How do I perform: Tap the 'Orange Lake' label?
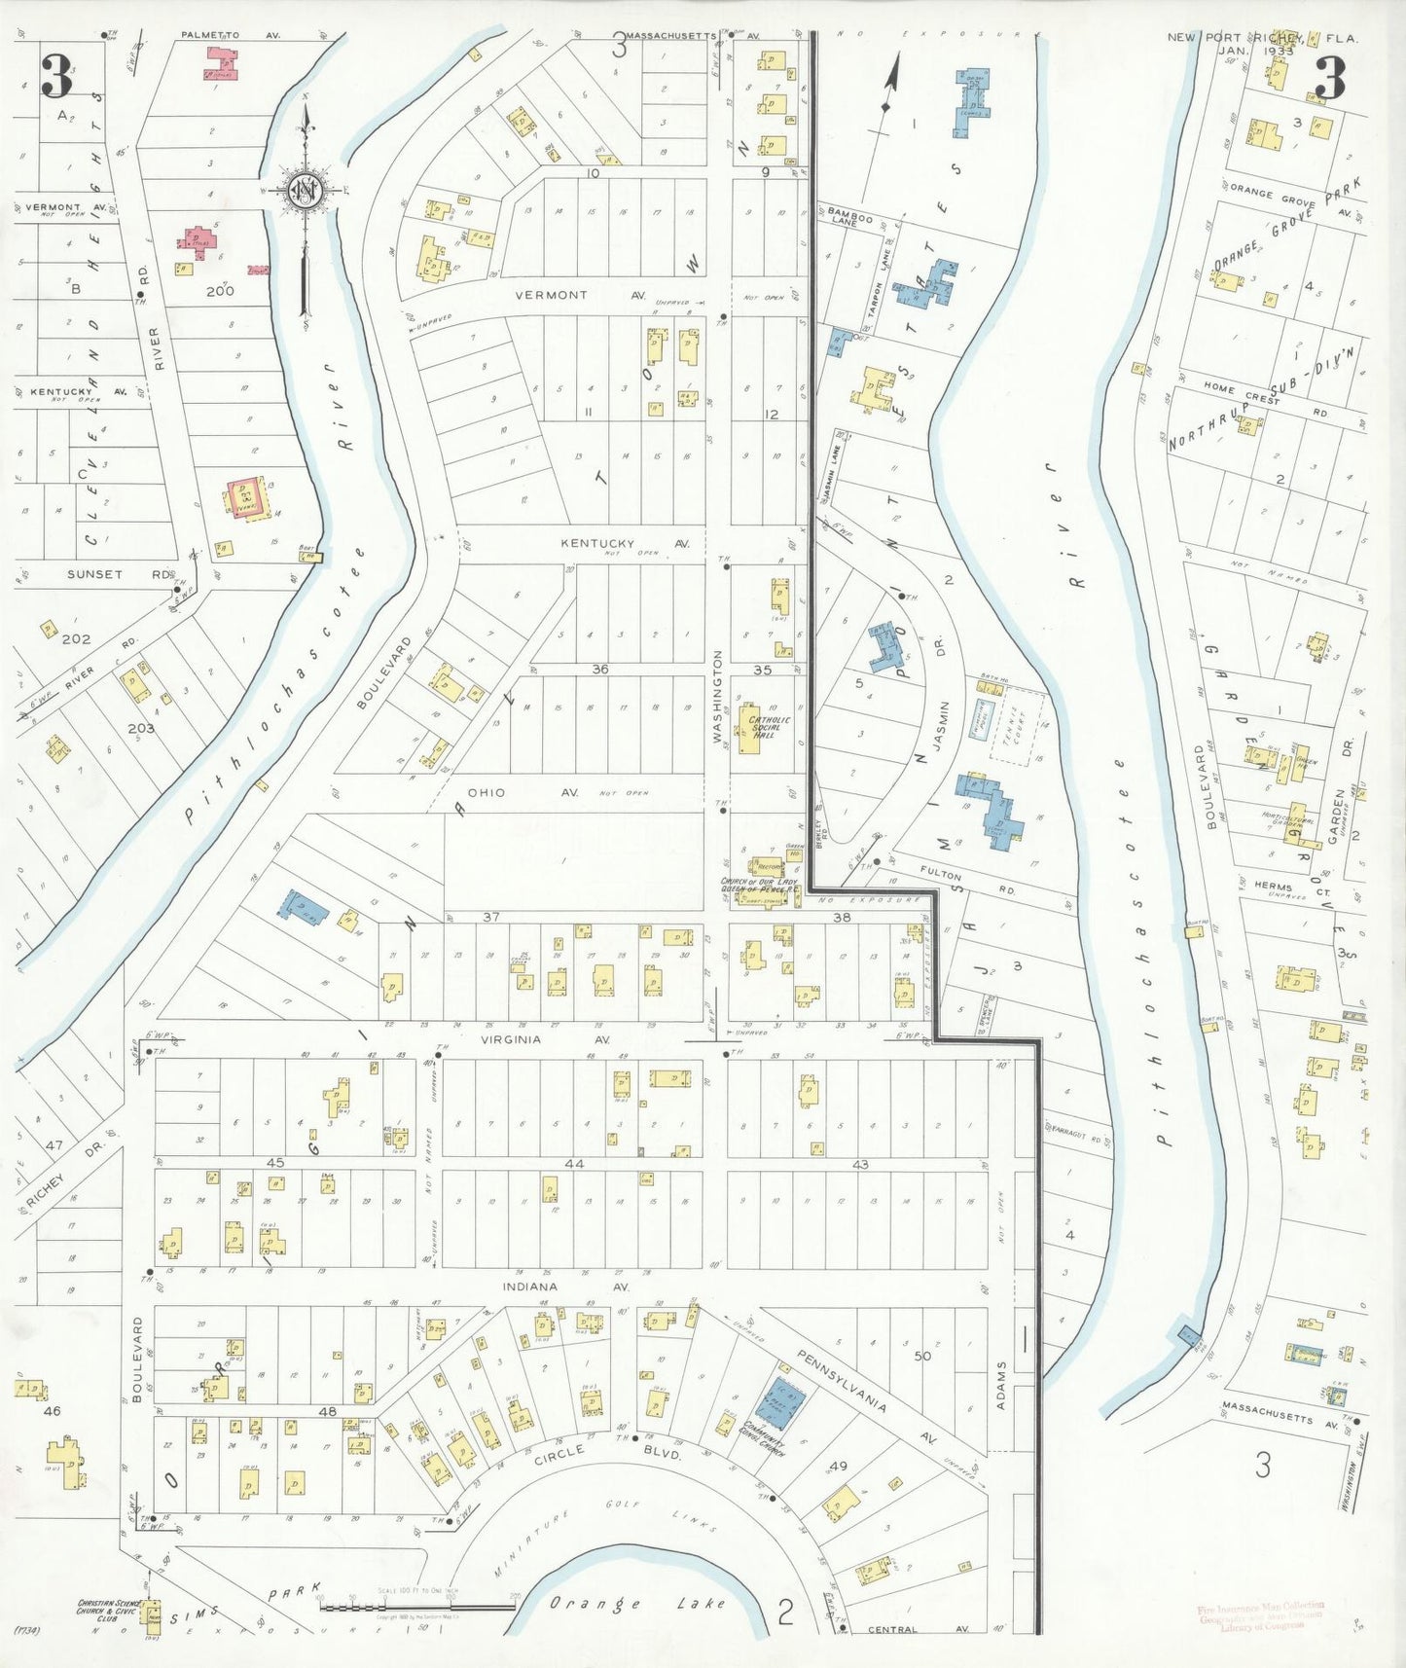pos(636,1604)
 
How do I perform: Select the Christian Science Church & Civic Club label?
pos(108,1610)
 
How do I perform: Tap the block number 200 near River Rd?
pos(220,290)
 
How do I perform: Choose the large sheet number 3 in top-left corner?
pos(57,78)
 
